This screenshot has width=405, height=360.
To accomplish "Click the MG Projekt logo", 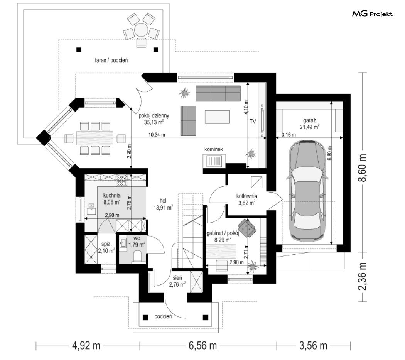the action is point(372,14).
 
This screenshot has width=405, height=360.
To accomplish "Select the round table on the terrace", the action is point(141,30).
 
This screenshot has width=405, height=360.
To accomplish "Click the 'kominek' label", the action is point(213,149).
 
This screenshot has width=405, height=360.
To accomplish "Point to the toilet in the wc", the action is point(137,258).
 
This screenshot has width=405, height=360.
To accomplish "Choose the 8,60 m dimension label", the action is point(363,168).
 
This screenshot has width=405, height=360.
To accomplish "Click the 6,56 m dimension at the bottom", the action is point(202,345).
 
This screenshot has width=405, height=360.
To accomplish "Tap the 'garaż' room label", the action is point(309,120).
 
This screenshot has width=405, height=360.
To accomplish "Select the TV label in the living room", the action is point(253,121).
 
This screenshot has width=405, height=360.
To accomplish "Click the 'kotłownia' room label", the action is point(246,196).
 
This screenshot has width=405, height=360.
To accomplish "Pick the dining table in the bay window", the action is point(95,139).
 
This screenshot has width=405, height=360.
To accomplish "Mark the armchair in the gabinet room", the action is point(247,227).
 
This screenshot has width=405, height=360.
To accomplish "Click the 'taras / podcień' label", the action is point(111,60).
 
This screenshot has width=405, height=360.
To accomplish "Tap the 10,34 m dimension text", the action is point(156,135).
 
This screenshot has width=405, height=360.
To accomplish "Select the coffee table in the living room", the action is point(217,117).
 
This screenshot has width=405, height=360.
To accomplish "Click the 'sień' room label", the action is point(177,278).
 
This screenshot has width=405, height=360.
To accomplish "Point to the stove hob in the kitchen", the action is point(122,181).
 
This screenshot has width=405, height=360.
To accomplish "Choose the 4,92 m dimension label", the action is point(86,345).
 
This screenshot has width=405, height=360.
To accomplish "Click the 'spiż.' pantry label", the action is point(106,244).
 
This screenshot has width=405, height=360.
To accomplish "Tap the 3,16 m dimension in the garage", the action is point(289,135).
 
